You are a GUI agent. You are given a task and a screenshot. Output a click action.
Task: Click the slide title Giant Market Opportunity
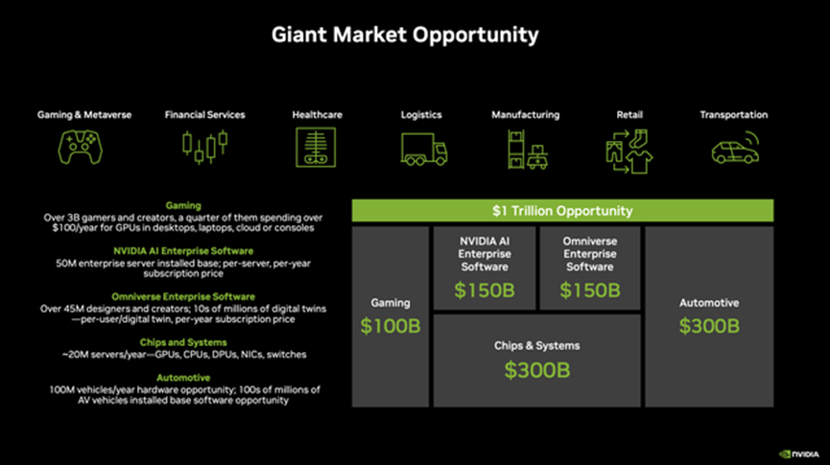(405, 35)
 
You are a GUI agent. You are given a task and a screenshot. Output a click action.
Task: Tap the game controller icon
(83, 147)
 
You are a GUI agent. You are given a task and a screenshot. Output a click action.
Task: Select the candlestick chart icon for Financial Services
(204, 146)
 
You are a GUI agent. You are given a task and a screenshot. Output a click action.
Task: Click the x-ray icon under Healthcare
(317, 148)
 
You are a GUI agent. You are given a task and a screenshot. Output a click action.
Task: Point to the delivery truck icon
(423, 148)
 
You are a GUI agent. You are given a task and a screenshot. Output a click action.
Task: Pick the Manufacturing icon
(526, 148)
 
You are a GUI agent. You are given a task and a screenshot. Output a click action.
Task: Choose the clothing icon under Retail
(628, 148)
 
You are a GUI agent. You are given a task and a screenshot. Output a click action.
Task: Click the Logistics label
(421, 115)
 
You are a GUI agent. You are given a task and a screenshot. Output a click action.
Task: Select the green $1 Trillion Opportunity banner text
(562, 211)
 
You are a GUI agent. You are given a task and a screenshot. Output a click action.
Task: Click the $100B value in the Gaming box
(391, 326)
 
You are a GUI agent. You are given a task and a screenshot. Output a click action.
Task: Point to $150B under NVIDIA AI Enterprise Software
(485, 290)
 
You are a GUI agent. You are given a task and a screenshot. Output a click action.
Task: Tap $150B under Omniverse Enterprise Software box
(589, 290)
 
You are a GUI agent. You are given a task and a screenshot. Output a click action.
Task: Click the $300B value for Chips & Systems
(536, 369)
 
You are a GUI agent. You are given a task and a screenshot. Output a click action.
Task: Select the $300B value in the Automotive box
(709, 326)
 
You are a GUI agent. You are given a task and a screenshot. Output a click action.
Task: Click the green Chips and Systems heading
(182, 342)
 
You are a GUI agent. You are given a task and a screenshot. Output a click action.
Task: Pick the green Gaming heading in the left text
(182, 205)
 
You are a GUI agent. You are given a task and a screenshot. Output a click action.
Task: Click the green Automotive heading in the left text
(182, 378)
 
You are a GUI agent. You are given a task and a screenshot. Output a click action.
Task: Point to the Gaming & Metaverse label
(84, 115)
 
